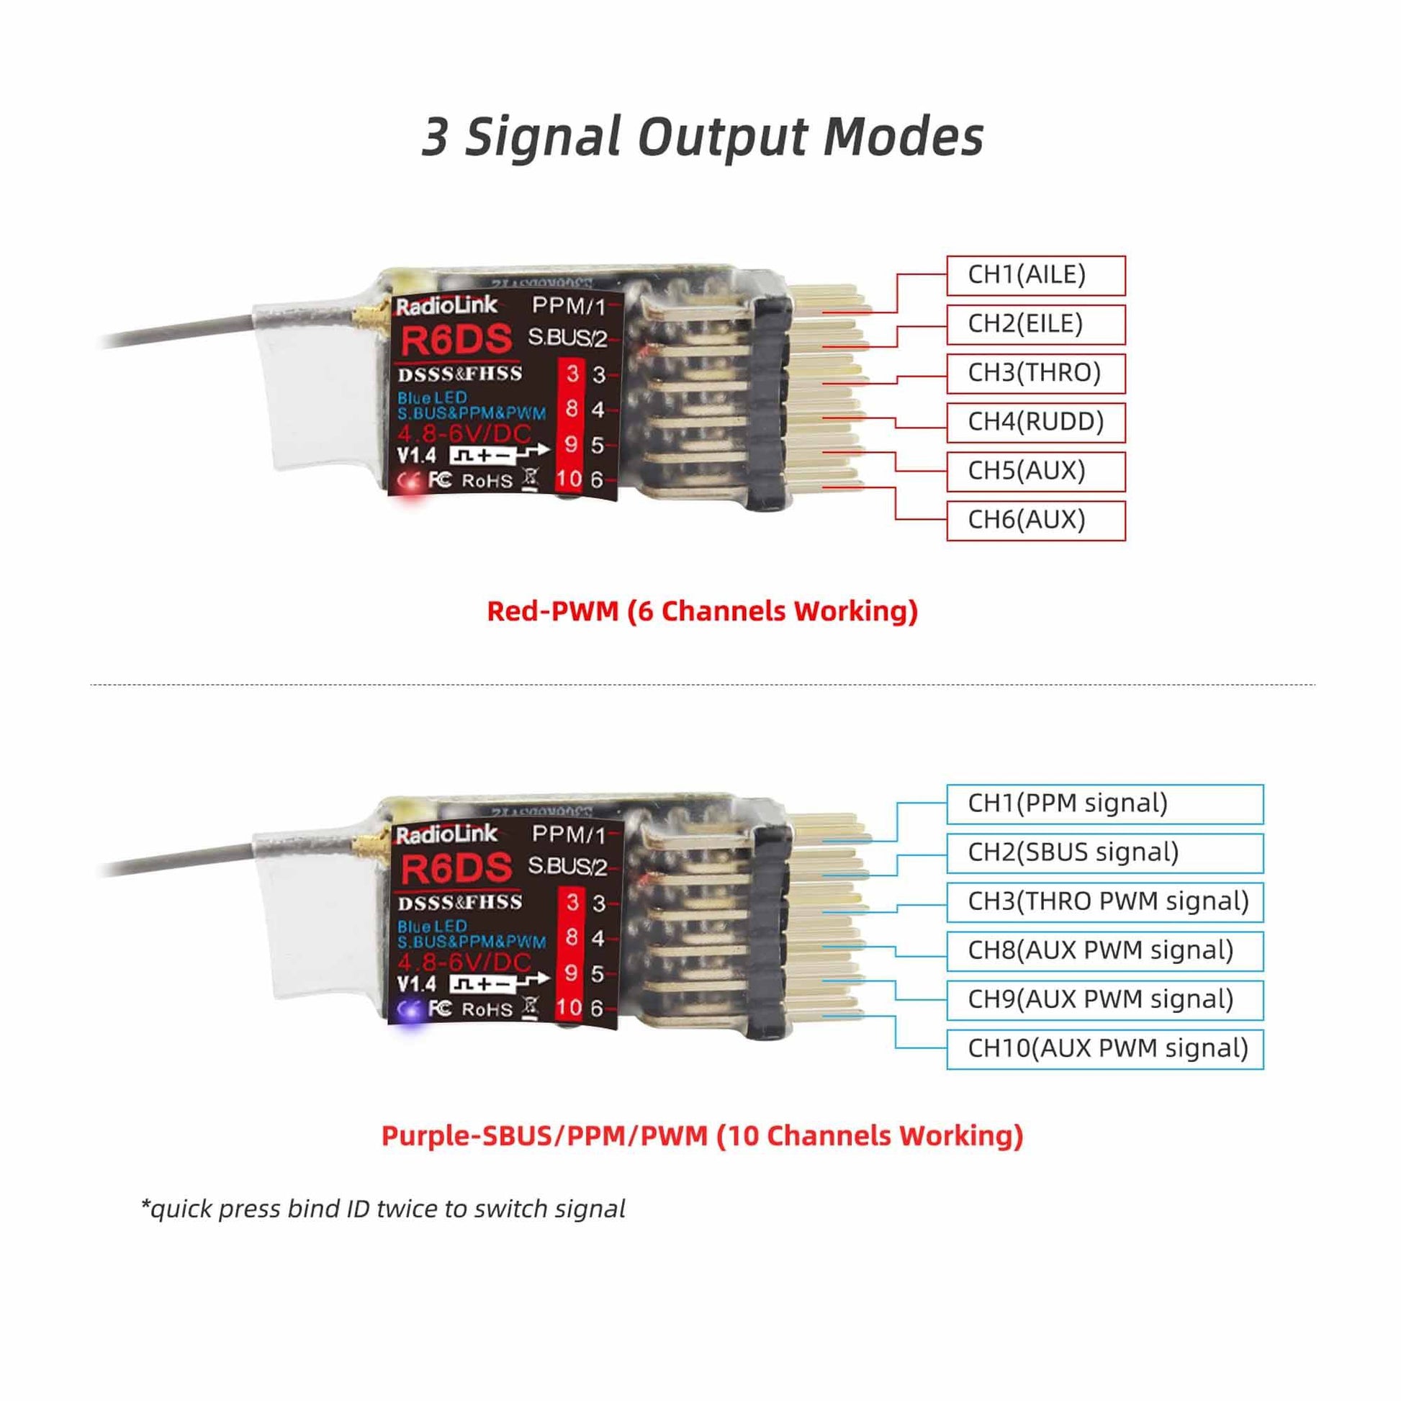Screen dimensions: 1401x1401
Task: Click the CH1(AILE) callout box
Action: pos(1035,276)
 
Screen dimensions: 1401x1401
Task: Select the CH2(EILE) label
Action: pos(1035,324)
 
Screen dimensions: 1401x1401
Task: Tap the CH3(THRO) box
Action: pos(1035,374)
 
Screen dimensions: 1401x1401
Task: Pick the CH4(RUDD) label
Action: pos(1035,422)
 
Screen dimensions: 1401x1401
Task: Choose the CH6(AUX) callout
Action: pos(1035,521)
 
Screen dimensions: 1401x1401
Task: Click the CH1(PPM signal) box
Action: pos(1104,804)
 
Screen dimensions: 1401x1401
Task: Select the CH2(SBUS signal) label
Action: pos(1104,853)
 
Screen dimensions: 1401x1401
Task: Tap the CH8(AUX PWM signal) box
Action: pos(1104,950)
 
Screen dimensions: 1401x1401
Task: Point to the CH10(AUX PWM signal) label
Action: pos(1104,1048)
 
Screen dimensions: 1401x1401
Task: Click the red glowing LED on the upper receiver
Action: pos(411,484)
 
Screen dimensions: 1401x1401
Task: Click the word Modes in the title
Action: pos(903,136)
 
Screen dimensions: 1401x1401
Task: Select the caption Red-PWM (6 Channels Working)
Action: pos(702,611)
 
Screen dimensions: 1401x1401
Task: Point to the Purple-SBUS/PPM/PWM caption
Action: pos(702,1135)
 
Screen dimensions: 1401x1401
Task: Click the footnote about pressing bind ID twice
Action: pos(383,1209)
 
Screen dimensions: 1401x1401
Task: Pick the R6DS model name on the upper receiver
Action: pos(456,340)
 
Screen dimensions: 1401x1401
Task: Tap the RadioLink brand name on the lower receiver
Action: pos(446,834)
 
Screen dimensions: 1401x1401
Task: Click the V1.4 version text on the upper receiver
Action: pos(416,456)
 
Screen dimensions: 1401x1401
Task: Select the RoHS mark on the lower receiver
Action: pos(487,1009)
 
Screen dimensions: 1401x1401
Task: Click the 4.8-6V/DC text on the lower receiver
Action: pos(464,963)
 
